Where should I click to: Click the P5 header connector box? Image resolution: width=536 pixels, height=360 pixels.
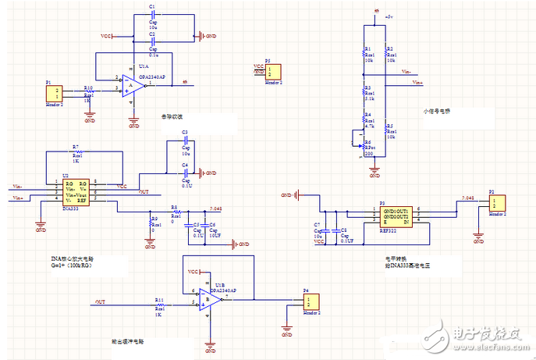pyautogui.click(x=271, y=70)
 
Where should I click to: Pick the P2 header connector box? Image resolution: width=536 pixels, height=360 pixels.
pyautogui.click(x=495, y=202)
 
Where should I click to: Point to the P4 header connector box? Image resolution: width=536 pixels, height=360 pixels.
pyautogui.click(x=311, y=301)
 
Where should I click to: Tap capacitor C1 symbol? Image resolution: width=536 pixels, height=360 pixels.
pyautogui.click(x=153, y=15)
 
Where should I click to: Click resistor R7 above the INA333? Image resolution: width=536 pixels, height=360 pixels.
pyautogui.click(x=76, y=152)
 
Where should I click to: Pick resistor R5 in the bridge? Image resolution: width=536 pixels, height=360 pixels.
pyautogui.click(x=385, y=130)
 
